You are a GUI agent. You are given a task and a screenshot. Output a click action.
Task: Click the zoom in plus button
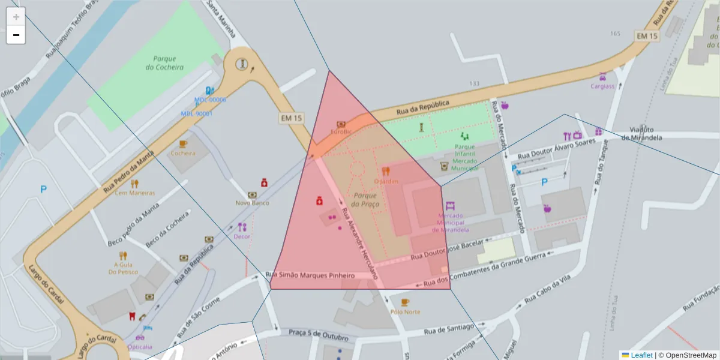(16, 17)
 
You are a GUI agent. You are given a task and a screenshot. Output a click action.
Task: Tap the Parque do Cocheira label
(164, 63)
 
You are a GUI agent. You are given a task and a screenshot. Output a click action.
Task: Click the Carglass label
(602, 86)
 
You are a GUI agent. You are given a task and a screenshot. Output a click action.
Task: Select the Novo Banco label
(252, 203)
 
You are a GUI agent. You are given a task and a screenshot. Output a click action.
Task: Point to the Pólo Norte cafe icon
(405, 302)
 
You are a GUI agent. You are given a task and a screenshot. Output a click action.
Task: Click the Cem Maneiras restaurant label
(134, 193)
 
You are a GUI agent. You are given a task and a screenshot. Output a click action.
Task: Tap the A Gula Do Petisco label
(123, 268)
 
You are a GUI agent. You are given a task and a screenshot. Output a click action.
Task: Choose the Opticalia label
(140, 347)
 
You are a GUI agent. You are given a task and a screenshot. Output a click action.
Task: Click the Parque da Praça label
(364, 200)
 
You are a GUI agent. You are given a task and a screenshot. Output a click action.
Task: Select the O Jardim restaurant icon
(386, 171)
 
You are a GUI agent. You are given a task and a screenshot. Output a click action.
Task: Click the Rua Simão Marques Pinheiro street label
(310, 275)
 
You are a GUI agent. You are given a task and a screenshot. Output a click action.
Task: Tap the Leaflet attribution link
(641, 355)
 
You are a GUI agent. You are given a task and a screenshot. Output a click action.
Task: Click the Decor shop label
(242, 236)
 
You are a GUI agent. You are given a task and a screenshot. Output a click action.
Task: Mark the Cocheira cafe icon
(183, 144)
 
